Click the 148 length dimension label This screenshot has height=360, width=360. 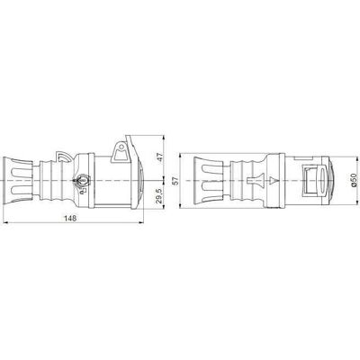point(71,218)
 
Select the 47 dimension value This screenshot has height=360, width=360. point(159,157)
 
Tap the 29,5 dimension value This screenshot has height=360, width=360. point(159,196)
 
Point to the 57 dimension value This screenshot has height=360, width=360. point(175,180)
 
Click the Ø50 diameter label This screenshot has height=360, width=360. point(354,180)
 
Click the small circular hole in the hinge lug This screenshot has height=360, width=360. point(121,147)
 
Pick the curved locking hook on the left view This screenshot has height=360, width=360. point(62,157)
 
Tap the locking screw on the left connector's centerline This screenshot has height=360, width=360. point(81,180)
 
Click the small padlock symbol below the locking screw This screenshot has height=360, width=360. point(84,190)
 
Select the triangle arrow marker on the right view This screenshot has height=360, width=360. point(273,180)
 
